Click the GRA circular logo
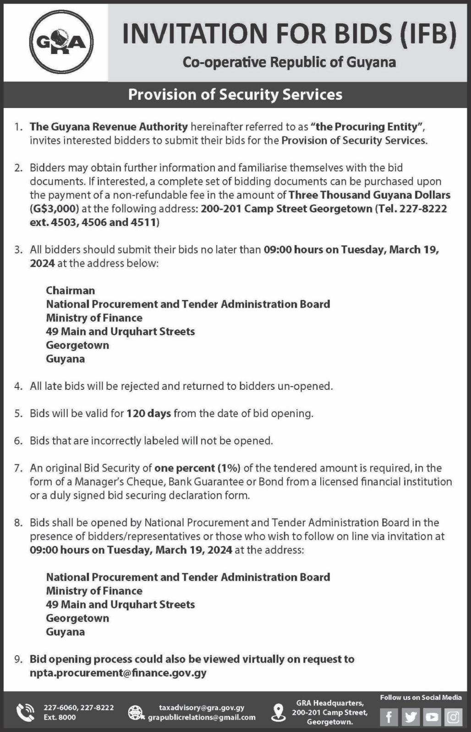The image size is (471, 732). click(61, 43)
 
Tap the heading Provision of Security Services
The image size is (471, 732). click(235, 94)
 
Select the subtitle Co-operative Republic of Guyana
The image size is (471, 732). click(289, 62)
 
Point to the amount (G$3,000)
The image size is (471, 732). click(55, 209)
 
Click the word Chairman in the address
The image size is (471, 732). click(70, 291)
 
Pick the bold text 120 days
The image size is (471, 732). click(148, 414)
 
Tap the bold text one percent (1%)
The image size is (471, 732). click(197, 468)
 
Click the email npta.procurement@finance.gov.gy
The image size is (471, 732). click(118, 673)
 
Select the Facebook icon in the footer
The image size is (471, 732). click(389, 717)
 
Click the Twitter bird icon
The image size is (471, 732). click(410, 717)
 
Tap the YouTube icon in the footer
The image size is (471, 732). click(432, 717)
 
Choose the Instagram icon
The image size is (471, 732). click(453, 717)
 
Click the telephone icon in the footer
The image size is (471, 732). click(25, 712)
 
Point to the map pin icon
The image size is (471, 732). click(278, 712)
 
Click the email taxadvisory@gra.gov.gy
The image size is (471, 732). click(201, 708)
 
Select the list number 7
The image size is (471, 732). click(18, 468)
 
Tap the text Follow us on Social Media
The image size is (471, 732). click(421, 698)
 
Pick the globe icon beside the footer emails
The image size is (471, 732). click(136, 712)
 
